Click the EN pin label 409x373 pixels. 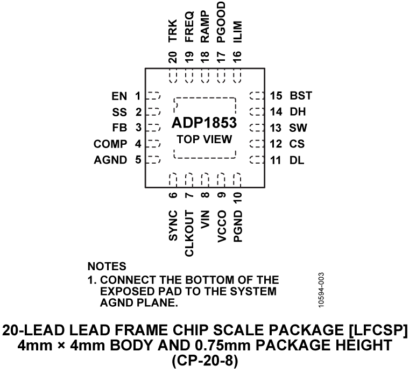[x=120, y=97]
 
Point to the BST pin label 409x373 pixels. [x=301, y=97]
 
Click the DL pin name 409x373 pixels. [x=297, y=159]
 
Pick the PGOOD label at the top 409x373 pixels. [x=221, y=20]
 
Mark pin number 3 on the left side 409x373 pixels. [x=138, y=128]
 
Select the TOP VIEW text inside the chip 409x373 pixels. [x=204, y=139]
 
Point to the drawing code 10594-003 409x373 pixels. [x=320, y=292]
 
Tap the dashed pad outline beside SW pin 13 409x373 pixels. [x=257, y=128]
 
